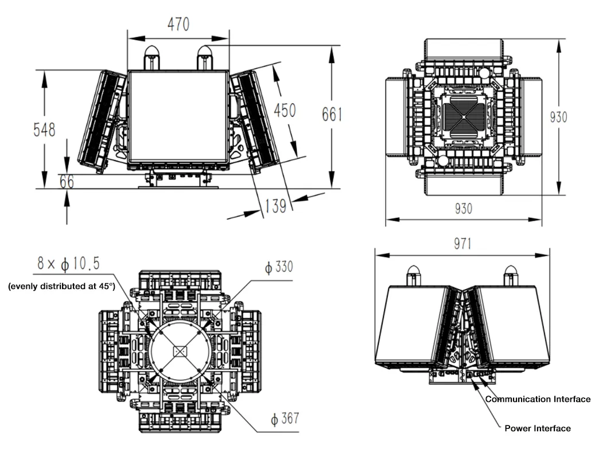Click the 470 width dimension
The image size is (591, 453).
point(178,25)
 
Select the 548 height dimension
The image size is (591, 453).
point(44,130)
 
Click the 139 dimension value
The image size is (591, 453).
point(275,205)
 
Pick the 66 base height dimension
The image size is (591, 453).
point(67,181)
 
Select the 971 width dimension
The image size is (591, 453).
point(462,244)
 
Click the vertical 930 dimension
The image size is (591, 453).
point(558,117)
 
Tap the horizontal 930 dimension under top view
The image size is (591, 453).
point(463,209)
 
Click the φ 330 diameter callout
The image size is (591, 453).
point(278,267)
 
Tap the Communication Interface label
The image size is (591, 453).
point(538,399)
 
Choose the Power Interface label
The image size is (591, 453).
point(538,428)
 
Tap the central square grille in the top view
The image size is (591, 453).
point(463,116)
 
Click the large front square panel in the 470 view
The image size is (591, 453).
point(178,117)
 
